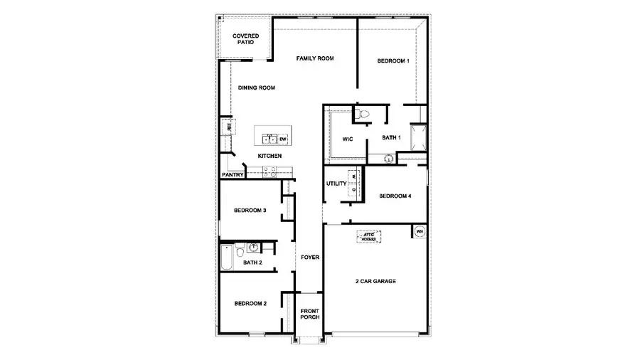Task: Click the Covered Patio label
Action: coord(245,38)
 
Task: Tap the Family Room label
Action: coord(315,58)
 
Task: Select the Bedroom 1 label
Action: coord(393,61)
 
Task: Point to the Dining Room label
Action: coord(257,88)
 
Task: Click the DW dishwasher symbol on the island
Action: coord(282,139)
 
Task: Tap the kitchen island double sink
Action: coord(269,139)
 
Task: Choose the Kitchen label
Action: coord(270,156)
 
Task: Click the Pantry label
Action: coord(233,174)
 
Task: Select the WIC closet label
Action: coord(348,139)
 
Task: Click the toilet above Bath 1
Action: coord(362,114)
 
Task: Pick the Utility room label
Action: coord(336,184)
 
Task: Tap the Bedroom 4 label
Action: coord(395,196)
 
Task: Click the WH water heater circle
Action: coord(419,231)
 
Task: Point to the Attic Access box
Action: coord(368,236)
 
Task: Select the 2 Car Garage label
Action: coord(375,281)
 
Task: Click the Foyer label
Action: coord(309,257)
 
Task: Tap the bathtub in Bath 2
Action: coord(226,258)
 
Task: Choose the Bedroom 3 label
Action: coord(250,211)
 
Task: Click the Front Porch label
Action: coord(309,314)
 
